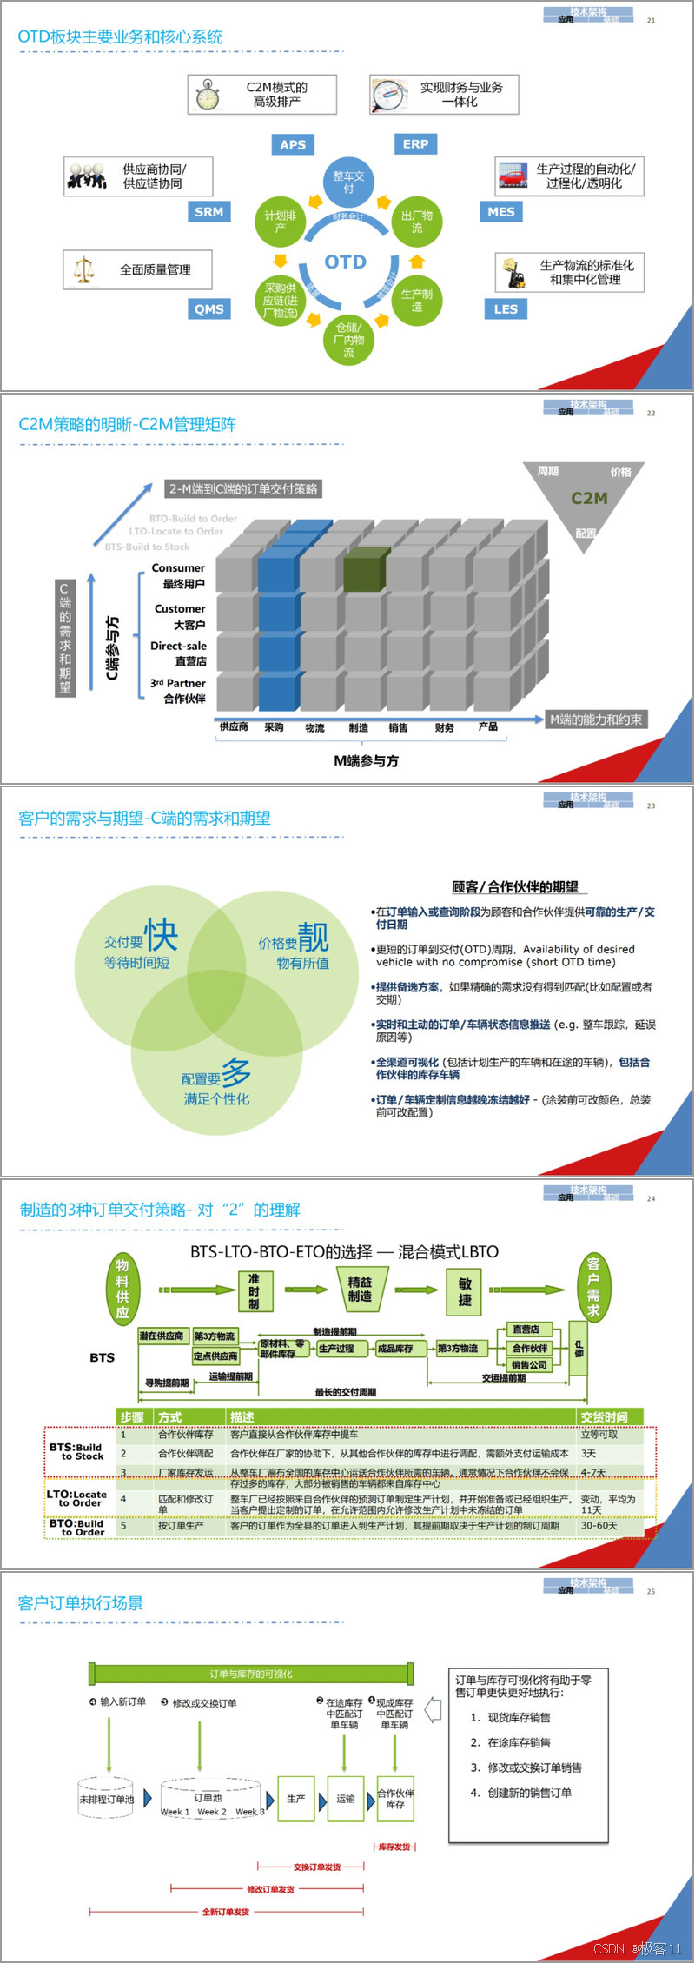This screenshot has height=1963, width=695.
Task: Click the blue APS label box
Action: pyautogui.click(x=293, y=145)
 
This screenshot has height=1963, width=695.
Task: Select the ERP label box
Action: pyautogui.click(x=415, y=144)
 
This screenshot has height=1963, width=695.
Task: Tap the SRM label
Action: pyautogui.click(x=208, y=212)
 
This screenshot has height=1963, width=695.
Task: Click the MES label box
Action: pyautogui.click(x=500, y=212)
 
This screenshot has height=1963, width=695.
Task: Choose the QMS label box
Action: pyautogui.click(x=208, y=309)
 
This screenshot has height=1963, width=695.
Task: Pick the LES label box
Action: pyautogui.click(x=506, y=309)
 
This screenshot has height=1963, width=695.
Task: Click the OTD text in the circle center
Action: pyautogui.click(x=346, y=262)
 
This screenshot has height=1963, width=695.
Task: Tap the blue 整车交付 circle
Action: pyautogui.click(x=348, y=182)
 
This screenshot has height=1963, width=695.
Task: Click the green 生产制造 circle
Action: pyautogui.click(x=417, y=300)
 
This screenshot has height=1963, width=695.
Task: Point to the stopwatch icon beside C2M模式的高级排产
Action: pyautogui.click(x=207, y=95)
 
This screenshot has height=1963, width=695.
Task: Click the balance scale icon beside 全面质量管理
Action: pyautogui.click(x=83, y=270)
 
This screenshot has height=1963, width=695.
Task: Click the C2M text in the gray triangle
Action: pyautogui.click(x=589, y=498)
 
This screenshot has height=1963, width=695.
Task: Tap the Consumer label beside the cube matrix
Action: pyautogui.click(x=178, y=568)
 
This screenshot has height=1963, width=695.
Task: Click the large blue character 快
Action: pyautogui.click(x=162, y=935)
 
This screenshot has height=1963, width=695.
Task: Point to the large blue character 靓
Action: pyautogui.click(x=314, y=937)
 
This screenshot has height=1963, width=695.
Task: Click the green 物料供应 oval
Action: pyautogui.click(x=122, y=1289)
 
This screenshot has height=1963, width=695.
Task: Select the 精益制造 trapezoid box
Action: pyautogui.click(x=361, y=1289)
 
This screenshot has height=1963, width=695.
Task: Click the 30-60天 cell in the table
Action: pyautogui.click(x=599, y=1525)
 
